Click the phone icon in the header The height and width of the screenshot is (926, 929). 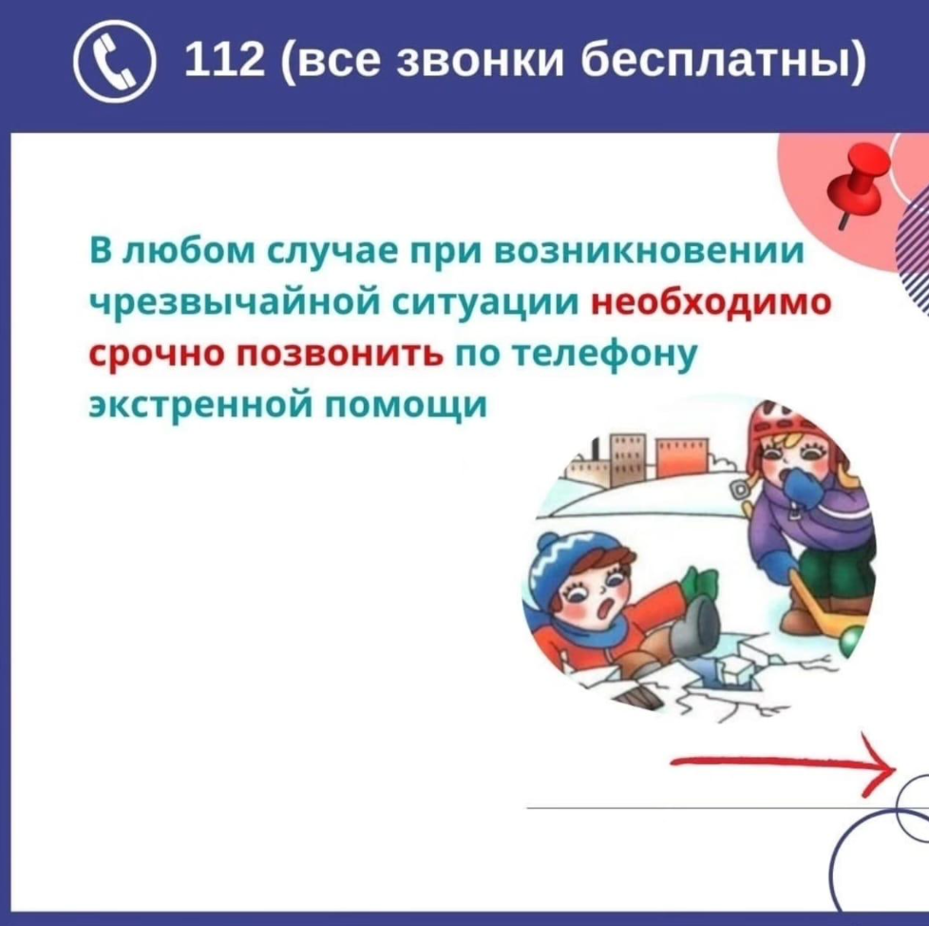115,61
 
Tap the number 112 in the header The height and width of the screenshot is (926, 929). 224,61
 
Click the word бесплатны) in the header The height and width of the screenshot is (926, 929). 722,62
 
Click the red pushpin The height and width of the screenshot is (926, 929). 859,183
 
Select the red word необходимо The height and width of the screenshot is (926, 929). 711,301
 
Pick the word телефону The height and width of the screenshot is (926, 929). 604,355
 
